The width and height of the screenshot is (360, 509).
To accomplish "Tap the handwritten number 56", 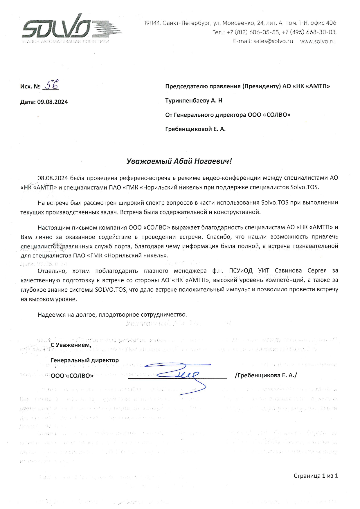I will tap(51, 85).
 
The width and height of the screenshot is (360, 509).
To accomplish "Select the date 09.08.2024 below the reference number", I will tap(53, 102).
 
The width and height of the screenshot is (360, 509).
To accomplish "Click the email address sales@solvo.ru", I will tap(273, 41).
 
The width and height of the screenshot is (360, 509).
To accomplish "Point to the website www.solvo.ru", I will tap(318, 41).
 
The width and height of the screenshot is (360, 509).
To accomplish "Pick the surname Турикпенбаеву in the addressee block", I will tap(187, 101).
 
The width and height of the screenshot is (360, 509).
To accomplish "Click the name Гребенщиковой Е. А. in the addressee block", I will tap(195, 129).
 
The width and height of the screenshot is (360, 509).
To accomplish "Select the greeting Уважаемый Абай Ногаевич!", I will tap(179, 161).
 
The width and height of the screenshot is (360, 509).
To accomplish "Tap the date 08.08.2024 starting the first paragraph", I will tap(53, 178).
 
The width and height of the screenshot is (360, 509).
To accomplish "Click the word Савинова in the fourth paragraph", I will tap(288, 270).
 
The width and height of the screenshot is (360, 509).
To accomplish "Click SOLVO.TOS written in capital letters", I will tap(111, 290).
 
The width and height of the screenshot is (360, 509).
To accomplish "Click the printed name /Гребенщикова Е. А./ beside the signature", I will tap(266, 376).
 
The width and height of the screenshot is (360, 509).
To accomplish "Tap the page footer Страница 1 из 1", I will tap(316, 476).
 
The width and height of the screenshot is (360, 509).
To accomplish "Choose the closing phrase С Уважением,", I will tap(71, 345).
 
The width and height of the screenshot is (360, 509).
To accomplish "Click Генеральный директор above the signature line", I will tap(85, 360).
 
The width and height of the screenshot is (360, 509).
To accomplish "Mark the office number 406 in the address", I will tap(331, 23).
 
